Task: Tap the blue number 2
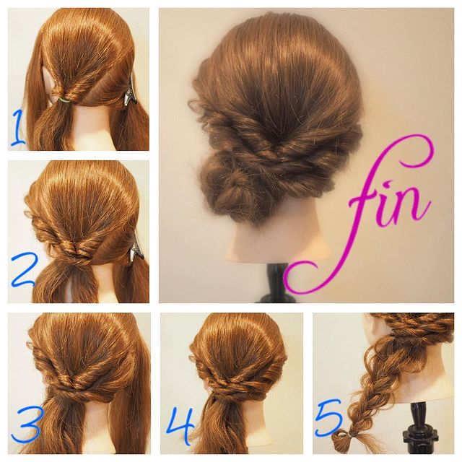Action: point(24,271)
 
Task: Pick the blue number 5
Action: point(330,419)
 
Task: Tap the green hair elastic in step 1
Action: point(64,100)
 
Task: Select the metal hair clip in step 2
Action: point(136,250)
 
